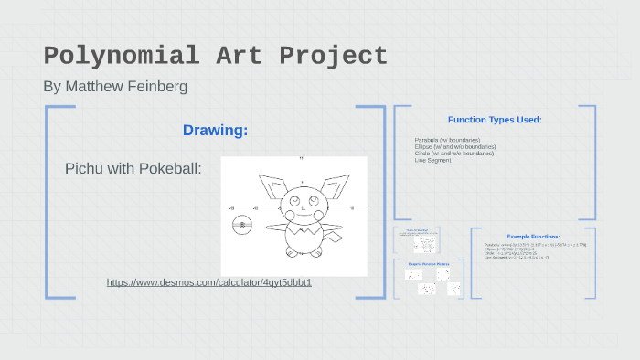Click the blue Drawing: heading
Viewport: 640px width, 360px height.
pos(215,131)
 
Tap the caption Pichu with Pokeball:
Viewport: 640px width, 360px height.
pos(133,169)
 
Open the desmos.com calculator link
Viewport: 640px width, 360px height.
pos(209,282)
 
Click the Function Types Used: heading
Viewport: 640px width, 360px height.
pos(495,120)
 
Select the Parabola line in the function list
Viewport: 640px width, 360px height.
pos(447,140)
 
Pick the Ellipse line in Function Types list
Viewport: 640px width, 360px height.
pos(454,146)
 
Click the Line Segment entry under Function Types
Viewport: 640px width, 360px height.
pos(432,160)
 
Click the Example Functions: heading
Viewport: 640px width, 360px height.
pos(533,237)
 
